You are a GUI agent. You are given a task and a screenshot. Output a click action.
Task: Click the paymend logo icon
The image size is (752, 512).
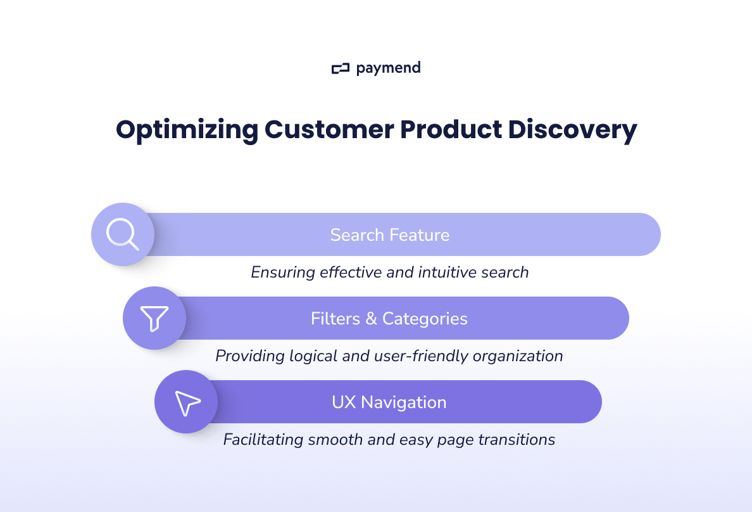[x=341, y=68]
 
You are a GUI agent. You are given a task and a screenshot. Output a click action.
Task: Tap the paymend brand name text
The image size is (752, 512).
[x=388, y=68]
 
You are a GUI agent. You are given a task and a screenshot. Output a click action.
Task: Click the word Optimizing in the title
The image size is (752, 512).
[x=187, y=129]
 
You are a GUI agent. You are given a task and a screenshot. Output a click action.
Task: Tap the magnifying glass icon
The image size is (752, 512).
[x=123, y=234]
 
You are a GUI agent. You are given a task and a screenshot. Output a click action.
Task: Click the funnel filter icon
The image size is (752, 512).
[x=154, y=318]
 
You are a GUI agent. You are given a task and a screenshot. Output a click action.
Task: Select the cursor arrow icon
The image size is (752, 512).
[x=187, y=402]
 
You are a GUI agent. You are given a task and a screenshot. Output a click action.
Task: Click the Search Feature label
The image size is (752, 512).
[x=390, y=235]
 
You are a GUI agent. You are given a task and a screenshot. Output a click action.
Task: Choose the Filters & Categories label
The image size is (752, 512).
[x=389, y=318]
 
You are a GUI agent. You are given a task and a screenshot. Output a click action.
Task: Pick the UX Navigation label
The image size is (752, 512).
[x=389, y=402]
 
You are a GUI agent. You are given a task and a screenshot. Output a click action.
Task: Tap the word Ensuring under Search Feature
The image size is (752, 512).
[x=283, y=272]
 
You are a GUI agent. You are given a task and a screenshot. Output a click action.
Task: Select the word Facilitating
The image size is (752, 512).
[x=263, y=440]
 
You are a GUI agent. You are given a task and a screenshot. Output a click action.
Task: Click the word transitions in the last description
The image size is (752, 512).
[x=518, y=440]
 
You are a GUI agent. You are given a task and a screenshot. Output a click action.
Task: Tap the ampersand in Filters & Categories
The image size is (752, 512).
[x=371, y=319]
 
